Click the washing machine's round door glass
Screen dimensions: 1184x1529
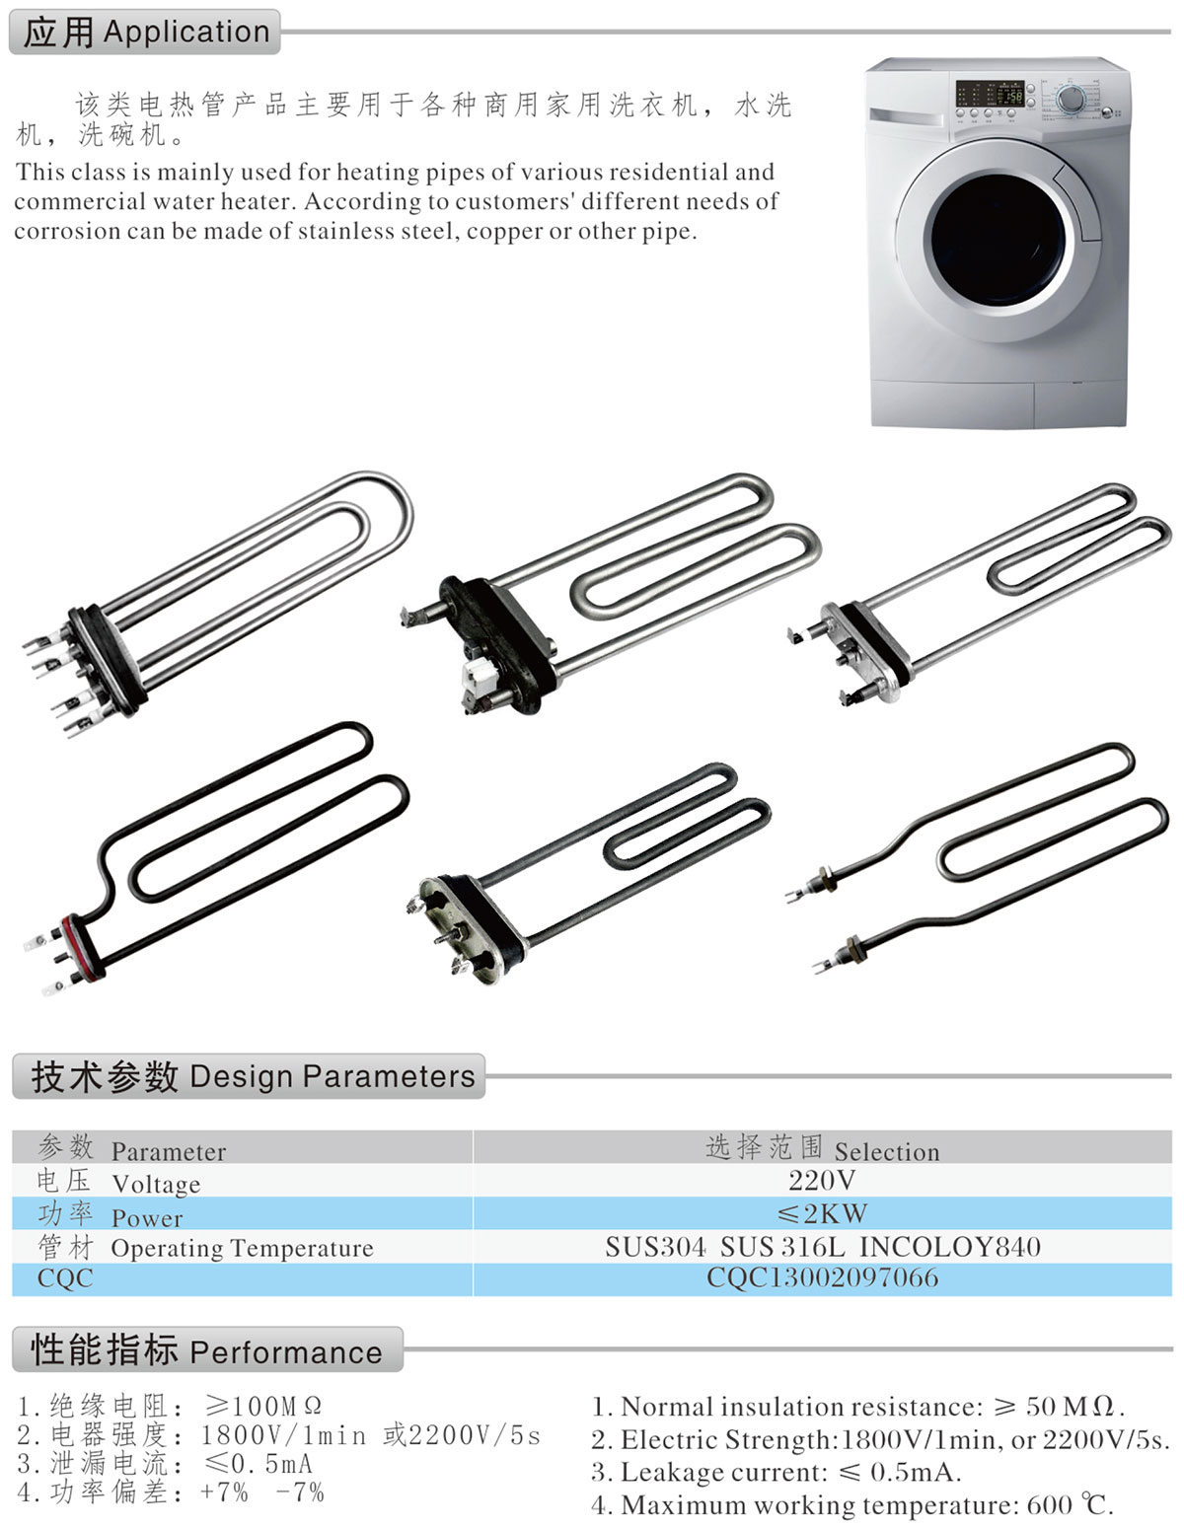(998, 240)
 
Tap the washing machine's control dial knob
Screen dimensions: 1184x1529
(1070, 100)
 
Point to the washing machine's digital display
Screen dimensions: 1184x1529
(989, 93)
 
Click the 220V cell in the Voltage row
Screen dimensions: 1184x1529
(822, 1180)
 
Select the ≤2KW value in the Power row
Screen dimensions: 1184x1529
(822, 1213)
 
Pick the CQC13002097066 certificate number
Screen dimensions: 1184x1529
(823, 1277)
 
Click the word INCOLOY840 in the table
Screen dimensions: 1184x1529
(950, 1246)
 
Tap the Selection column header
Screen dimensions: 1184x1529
(887, 1152)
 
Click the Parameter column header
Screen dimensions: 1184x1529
(168, 1152)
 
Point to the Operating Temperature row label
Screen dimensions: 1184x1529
(242, 1248)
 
